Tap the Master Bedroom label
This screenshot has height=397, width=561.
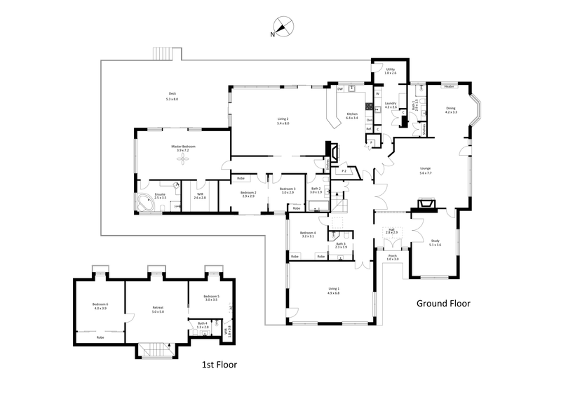coord(183,147)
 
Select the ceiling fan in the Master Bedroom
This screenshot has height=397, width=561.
coord(183,159)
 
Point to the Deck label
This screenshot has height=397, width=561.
coord(172,94)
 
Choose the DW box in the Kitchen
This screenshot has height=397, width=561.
coord(340,89)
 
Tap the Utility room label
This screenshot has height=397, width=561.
coord(390,69)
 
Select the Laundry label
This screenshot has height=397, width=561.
coord(390,103)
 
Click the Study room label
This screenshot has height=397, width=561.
coord(435,242)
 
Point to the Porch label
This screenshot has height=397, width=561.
coord(393,256)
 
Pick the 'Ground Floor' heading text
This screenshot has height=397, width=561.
coord(443,304)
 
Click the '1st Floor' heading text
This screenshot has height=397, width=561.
coord(218,365)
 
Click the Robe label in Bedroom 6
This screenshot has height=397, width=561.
coord(100,337)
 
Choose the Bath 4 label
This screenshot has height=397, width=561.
coord(202,323)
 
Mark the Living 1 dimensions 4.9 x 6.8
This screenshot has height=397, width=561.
coord(334,292)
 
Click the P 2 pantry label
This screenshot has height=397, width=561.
coord(344,170)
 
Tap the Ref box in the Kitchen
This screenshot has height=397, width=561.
coord(369,128)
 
